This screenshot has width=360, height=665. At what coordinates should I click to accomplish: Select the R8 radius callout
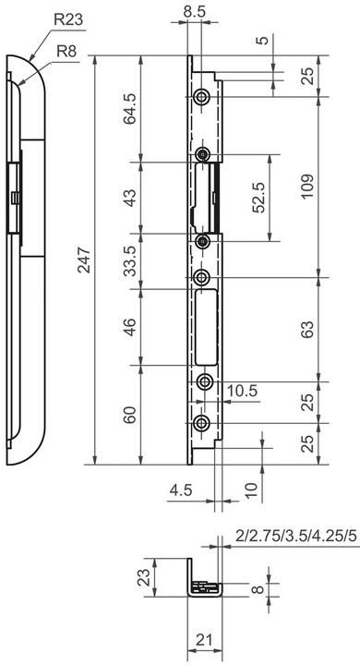click(x=66, y=52)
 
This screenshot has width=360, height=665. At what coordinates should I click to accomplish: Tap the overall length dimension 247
click(x=85, y=260)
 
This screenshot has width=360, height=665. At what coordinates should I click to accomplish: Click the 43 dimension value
click(x=130, y=198)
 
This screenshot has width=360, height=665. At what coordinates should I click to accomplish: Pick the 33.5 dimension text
click(x=130, y=260)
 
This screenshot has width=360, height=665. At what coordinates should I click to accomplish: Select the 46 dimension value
click(x=130, y=327)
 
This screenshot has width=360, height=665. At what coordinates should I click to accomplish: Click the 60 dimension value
click(x=130, y=415)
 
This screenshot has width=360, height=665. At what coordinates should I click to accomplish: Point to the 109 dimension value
click(x=308, y=187)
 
